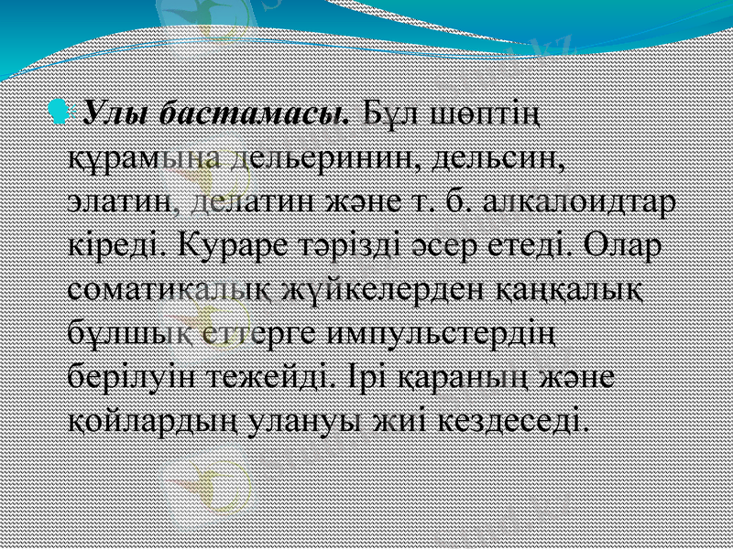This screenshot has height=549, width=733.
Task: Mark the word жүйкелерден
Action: tap(373, 289)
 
